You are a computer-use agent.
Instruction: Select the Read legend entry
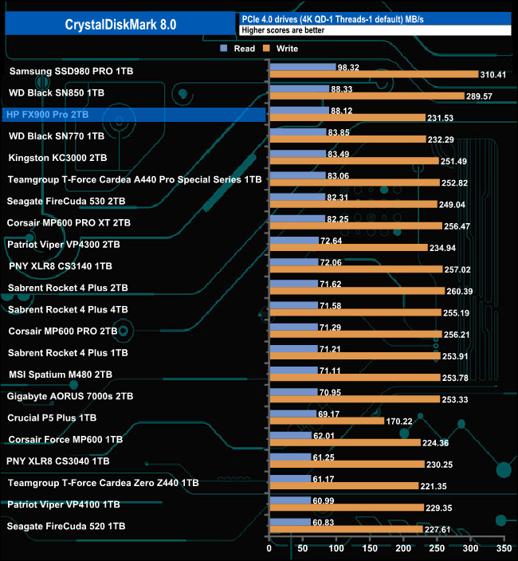pos(238,49)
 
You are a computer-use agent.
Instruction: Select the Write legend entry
pos(281,49)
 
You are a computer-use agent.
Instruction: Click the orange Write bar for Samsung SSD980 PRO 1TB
pos(374,75)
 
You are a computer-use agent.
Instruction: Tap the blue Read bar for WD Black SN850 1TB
pos(300,88)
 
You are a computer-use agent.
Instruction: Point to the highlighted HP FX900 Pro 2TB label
pos(47,115)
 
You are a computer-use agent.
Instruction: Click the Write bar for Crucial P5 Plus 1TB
pos(327,421)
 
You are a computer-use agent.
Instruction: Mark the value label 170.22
pos(401,421)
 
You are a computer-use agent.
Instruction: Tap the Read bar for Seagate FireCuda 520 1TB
pos(290,522)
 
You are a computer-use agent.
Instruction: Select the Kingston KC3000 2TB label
pos(57,158)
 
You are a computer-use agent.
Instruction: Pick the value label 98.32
pos(348,68)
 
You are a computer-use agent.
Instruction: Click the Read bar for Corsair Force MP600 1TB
pos(290,435)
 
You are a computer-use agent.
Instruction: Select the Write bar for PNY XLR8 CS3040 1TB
pos(347,464)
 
